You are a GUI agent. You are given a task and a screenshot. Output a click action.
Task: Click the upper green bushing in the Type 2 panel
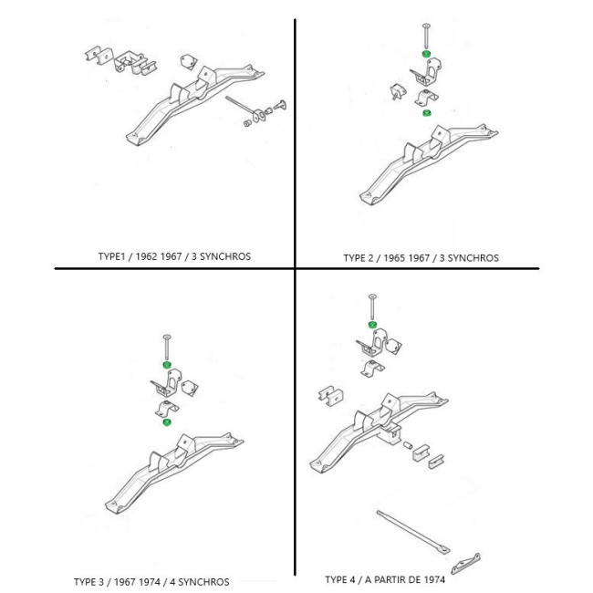pyautogui.click(x=426, y=53)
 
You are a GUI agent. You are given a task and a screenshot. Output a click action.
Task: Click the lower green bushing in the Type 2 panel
pyautogui.click(x=427, y=113)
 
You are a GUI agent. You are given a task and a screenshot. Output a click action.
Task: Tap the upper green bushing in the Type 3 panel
pyautogui.click(x=166, y=365)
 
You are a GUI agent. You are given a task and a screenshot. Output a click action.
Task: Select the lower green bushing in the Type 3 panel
pyautogui.click(x=166, y=422)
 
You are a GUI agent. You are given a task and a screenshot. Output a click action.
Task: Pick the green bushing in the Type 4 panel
pyautogui.click(x=372, y=325)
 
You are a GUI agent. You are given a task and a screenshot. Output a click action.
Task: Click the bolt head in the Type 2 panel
pyautogui.click(x=426, y=26)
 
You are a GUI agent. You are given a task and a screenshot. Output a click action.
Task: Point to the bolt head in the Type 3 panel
pyautogui.click(x=167, y=337)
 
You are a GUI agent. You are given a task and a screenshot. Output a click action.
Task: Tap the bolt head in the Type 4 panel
pyautogui.click(x=372, y=296)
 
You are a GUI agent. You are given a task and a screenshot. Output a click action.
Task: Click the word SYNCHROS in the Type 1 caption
pyautogui.click(x=225, y=256)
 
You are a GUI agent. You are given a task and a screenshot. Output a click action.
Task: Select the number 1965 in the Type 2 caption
pyautogui.click(x=395, y=258)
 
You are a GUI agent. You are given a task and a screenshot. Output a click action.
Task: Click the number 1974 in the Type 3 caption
pyautogui.click(x=148, y=582)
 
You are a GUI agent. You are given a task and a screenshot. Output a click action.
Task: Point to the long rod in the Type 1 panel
pyautogui.click(x=241, y=105)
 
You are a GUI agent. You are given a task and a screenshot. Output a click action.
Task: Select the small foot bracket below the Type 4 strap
pyautogui.click(x=466, y=564)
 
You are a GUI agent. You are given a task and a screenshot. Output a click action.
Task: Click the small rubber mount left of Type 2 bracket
pyautogui.click(x=398, y=92)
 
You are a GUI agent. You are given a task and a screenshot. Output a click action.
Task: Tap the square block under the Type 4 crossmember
pyautogui.click(x=390, y=433)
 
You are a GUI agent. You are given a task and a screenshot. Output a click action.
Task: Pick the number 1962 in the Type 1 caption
pyautogui.click(x=146, y=256)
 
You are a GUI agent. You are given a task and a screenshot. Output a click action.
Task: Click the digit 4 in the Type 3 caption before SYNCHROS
pyautogui.click(x=172, y=582)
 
